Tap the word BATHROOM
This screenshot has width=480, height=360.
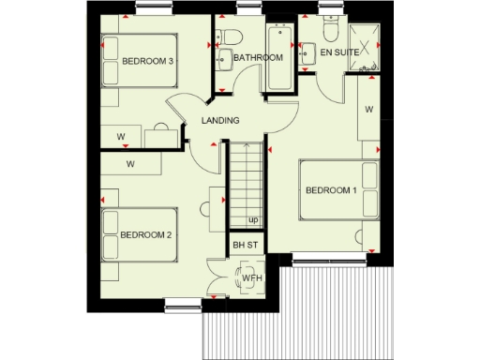click(258, 58)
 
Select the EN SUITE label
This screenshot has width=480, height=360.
click(340, 53)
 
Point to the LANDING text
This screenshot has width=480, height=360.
click(220, 120)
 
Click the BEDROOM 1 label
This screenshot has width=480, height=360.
click(331, 191)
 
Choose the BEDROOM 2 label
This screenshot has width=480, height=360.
click(145, 234)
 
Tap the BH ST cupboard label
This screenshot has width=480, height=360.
click(245, 246)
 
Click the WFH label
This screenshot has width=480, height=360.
click(251, 278)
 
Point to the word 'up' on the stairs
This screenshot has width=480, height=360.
click(253, 220)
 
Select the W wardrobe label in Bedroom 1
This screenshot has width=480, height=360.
click(369, 110)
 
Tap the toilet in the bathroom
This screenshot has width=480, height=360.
click(234, 37)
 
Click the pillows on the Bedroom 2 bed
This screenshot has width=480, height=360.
click(111, 234)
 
